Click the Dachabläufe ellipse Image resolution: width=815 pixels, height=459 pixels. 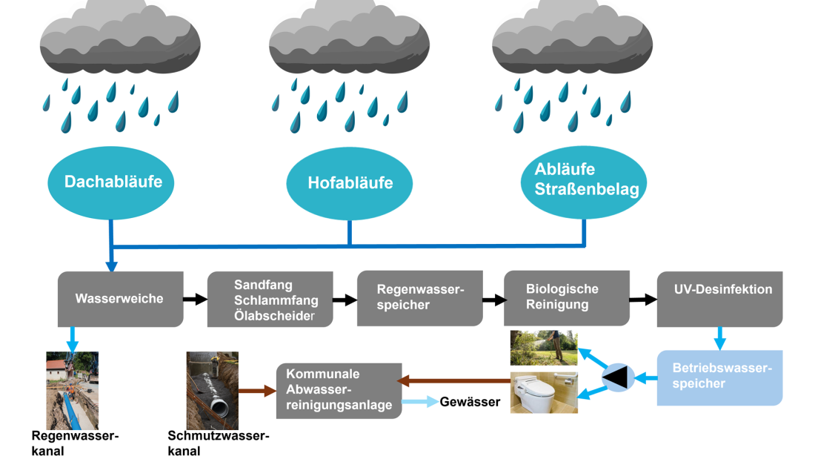113,182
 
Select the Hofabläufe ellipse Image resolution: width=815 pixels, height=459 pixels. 350,182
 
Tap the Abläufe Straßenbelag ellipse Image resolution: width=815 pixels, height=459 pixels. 586,180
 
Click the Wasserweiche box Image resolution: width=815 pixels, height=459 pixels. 120,298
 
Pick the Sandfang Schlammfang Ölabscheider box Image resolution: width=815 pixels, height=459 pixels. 270,298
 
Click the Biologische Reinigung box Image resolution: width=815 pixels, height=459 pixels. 567,298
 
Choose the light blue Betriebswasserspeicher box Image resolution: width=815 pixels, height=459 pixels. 719,377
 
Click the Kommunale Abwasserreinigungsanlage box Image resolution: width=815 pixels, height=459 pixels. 339,390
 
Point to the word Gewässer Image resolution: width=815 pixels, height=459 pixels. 470,403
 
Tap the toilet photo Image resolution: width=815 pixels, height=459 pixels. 543,392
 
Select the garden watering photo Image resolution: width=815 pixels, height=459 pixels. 543,348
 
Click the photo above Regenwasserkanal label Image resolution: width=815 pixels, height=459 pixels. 72,390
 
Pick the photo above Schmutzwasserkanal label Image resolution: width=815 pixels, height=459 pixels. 213,390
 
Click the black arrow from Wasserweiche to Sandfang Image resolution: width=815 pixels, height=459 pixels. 194,299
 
